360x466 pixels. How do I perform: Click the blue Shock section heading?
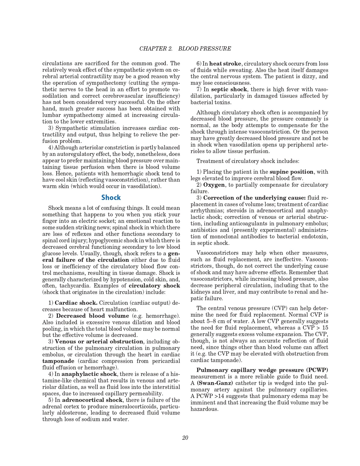click(x=111, y=197)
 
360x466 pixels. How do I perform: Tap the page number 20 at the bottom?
click(x=185, y=438)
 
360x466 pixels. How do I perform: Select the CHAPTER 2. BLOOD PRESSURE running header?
click(x=185, y=49)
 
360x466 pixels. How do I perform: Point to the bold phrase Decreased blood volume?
click(x=92, y=316)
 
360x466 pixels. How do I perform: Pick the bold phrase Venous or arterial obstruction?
click(x=99, y=341)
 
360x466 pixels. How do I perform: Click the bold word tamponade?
click(x=58, y=361)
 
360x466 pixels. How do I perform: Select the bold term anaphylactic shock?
click(x=89, y=374)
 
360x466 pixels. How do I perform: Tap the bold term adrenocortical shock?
click(x=92, y=400)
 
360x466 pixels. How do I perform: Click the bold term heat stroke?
click(x=225, y=64)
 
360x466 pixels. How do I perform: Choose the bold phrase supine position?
click(x=291, y=172)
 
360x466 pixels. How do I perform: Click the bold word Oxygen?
click(x=214, y=185)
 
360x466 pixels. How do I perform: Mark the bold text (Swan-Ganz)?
click(x=215, y=383)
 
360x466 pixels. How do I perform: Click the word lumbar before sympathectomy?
click(x=52, y=115)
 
